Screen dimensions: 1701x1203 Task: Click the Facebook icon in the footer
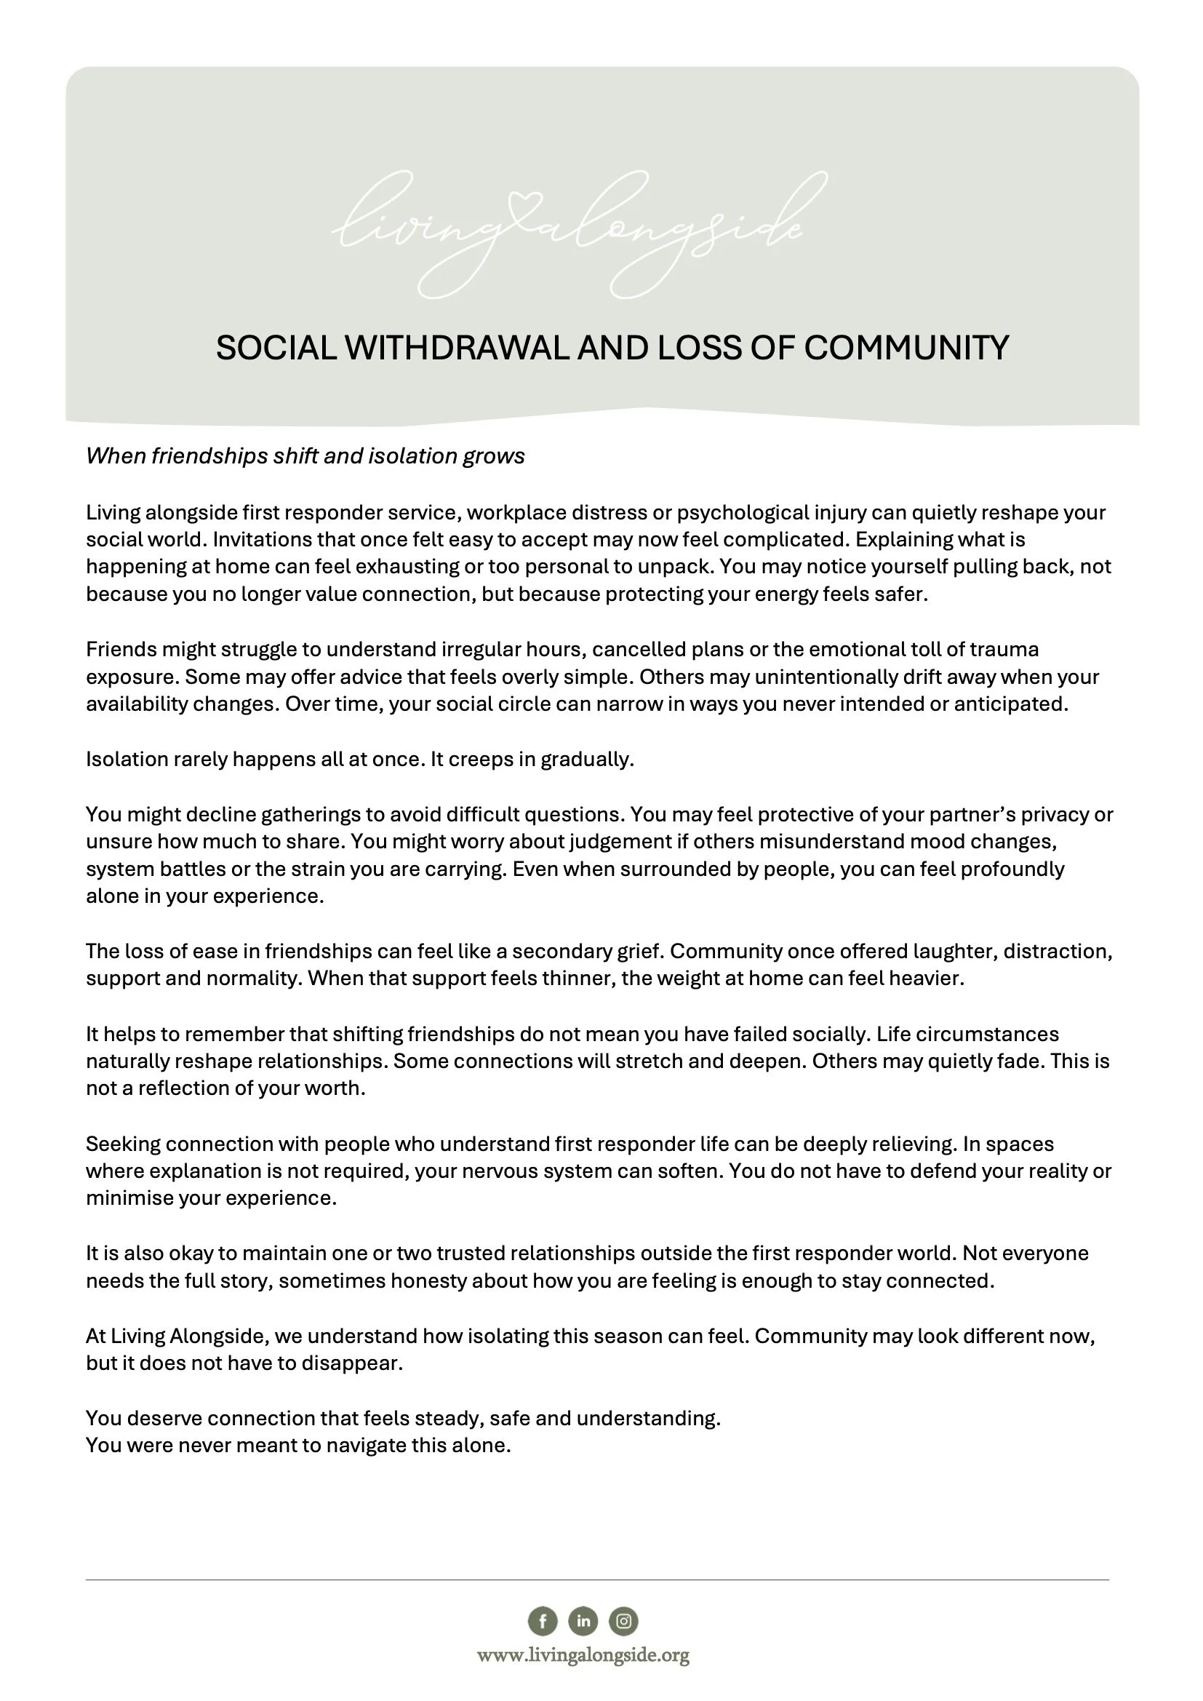coord(543,1621)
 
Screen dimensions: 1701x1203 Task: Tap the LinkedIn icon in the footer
coord(583,1621)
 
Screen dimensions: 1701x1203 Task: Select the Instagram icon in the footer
coord(624,1621)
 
